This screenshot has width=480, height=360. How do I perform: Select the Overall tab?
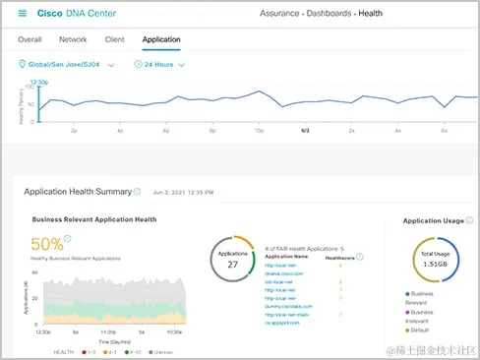pyautogui.click(x=30, y=40)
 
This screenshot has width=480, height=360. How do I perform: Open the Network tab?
pyautogui.click(x=73, y=40)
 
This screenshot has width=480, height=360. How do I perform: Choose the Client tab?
pyautogui.click(x=114, y=40)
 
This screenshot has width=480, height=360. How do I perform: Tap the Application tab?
pyautogui.click(x=162, y=40)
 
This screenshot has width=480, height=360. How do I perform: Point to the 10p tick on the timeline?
pyautogui.click(x=258, y=130)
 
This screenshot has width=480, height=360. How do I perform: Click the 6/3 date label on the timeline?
pyautogui.click(x=305, y=130)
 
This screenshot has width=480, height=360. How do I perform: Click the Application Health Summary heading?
pyautogui.click(x=77, y=192)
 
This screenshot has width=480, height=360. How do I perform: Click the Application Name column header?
pyautogui.click(x=287, y=256)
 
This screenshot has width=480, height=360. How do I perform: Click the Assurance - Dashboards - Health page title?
pyautogui.click(x=322, y=14)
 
